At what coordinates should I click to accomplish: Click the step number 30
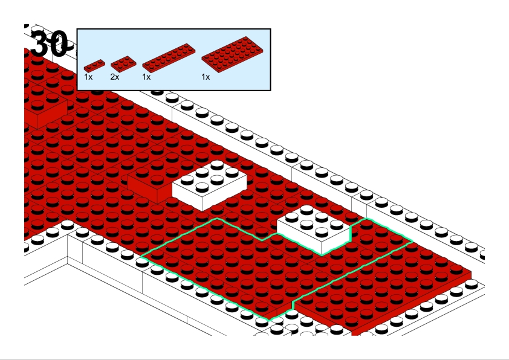coord(50,43)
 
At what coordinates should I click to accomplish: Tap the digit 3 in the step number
coord(40,43)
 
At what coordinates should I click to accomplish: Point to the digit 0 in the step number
coord(59,43)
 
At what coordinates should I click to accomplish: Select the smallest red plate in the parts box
coord(94,65)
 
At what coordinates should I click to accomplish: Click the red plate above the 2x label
coord(123,63)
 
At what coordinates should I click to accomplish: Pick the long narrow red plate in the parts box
coord(169,58)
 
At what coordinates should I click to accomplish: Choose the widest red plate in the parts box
coord(232,54)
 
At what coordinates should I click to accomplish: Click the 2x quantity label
coord(115,77)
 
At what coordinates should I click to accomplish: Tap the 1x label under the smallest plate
coord(88,77)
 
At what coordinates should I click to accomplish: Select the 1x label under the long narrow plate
coord(146,77)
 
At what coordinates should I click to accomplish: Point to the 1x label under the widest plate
coord(206,77)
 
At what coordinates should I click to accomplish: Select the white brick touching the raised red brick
coord(209,185)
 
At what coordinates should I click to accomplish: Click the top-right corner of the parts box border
coord(270,29)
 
